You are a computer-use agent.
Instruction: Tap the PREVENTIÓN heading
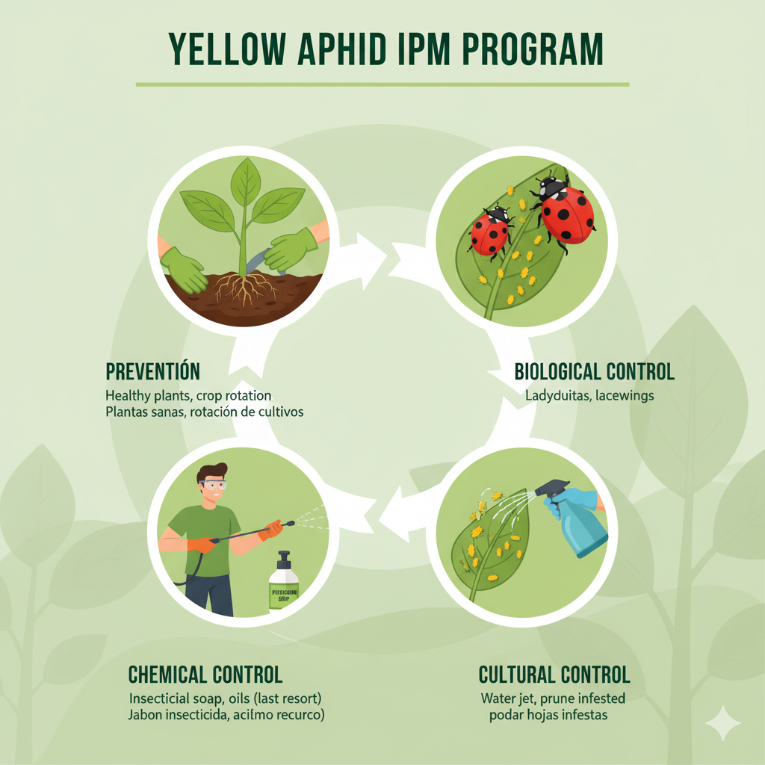tap(153, 371)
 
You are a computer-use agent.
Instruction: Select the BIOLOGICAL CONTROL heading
tap(595, 371)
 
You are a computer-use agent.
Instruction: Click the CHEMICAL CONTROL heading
tap(205, 675)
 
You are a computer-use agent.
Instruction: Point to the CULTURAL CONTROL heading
tap(554, 675)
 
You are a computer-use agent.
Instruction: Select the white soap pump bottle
tap(284, 583)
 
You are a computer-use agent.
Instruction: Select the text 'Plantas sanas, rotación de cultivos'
tap(204, 412)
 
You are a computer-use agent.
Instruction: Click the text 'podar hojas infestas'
tap(547, 715)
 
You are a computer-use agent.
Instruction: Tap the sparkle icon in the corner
tap(722, 723)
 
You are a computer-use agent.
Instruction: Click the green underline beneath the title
tap(382, 84)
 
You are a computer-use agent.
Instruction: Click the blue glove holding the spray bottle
tap(568, 502)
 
